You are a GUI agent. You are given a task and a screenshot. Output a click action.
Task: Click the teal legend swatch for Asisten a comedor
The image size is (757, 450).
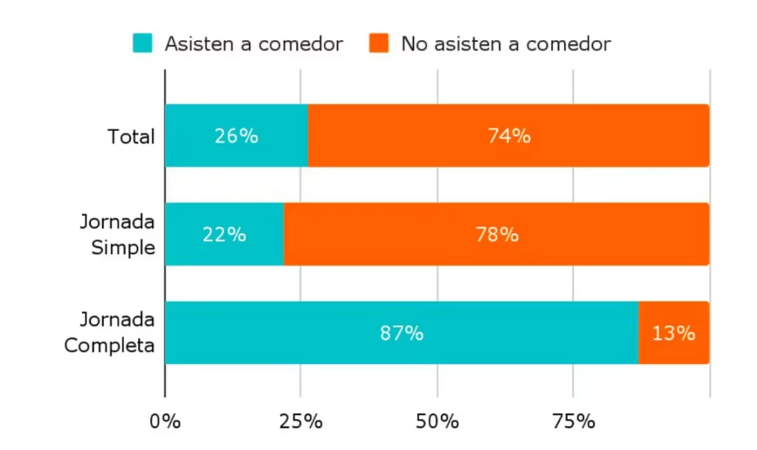143,43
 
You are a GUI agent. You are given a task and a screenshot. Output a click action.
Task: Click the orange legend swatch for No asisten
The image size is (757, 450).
379,43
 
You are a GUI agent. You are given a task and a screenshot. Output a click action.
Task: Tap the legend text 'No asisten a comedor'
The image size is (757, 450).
506,44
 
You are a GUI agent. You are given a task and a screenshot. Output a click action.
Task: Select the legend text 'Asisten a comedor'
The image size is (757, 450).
254,44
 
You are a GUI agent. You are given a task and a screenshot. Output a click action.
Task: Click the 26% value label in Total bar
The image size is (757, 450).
236,136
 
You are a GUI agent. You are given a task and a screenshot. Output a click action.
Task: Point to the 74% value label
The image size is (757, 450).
509,136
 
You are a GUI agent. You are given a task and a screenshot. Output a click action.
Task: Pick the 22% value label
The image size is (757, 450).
224,235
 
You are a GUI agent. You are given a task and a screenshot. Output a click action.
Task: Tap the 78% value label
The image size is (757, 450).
497,235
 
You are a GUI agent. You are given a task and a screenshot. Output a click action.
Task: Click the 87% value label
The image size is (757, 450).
401,333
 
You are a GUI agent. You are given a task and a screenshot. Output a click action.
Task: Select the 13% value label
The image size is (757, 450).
673,333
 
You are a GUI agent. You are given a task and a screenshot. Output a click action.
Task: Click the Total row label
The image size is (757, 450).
131,137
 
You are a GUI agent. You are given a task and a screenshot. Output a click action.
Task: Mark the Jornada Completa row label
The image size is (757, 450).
110,333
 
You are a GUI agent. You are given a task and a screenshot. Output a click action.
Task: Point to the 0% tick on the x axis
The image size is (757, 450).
165,422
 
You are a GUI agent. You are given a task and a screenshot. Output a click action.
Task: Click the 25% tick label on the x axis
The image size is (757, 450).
301,422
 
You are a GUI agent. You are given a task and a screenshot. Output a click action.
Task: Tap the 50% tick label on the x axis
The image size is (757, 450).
437,422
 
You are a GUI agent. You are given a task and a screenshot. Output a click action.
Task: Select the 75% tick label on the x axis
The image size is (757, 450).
573,422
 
